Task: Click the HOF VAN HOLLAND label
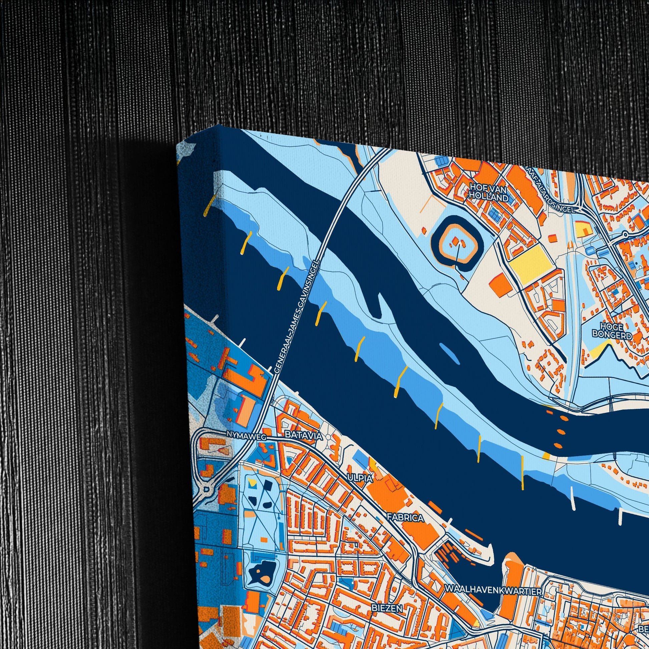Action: pos(489,192)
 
